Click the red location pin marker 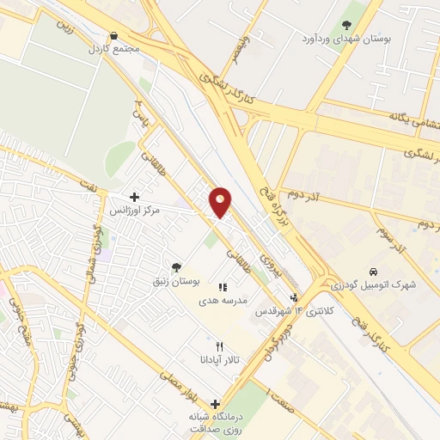coord(221,201)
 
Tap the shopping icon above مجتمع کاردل coord(114,36)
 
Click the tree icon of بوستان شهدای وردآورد coord(347,25)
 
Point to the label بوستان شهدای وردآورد coord(347,39)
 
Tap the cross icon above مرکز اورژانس coord(134,197)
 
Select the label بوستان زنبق coord(175,281)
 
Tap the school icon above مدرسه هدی coord(223,288)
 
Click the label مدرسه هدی coord(223,301)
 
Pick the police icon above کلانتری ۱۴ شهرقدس coord(295,297)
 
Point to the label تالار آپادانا coord(219,359)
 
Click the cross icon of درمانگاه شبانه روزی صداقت coord(216,404)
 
